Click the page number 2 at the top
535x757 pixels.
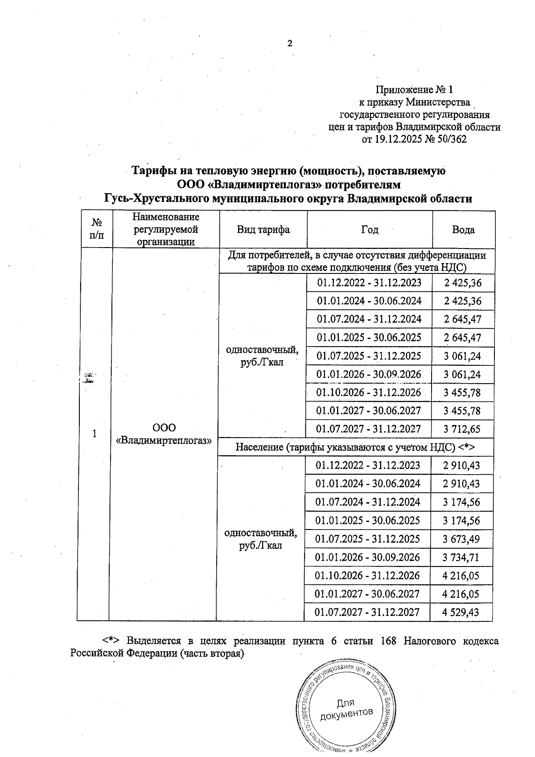click(x=290, y=44)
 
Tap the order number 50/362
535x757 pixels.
click(x=452, y=140)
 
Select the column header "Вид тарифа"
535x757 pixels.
click(x=263, y=230)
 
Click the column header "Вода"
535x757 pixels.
click(x=463, y=230)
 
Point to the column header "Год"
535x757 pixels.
click(x=370, y=230)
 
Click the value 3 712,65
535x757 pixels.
click(x=462, y=430)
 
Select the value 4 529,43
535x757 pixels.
click(x=461, y=612)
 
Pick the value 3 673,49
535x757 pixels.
click(x=461, y=539)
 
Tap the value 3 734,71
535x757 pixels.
click(x=461, y=558)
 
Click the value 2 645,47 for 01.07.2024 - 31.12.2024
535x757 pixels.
click(x=462, y=319)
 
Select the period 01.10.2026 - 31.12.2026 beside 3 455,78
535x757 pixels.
click(x=369, y=393)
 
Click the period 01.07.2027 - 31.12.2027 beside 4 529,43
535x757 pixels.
click(x=367, y=612)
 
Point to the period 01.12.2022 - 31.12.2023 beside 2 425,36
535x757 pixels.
click(x=369, y=283)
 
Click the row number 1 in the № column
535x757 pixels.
click(x=95, y=434)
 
